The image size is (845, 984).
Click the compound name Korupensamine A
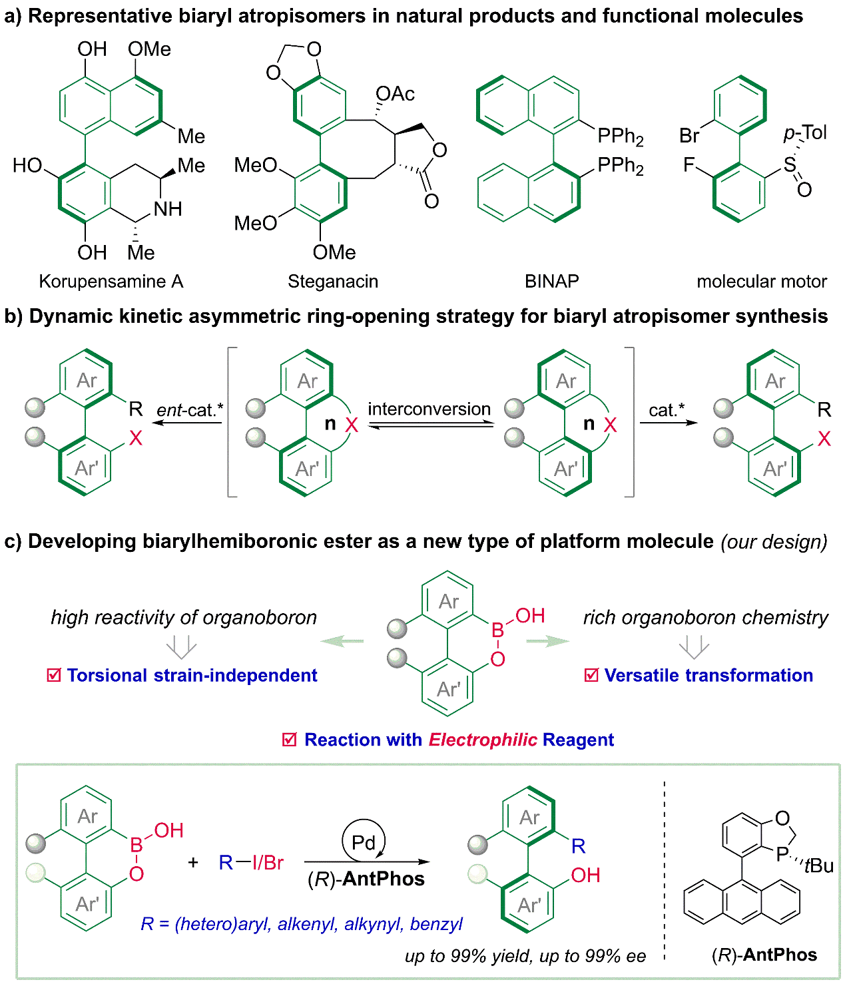pyautogui.click(x=111, y=282)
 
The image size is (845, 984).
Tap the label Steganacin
pyautogui.click(x=333, y=282)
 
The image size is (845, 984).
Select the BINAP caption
pyautogui.click(x=551, y=282)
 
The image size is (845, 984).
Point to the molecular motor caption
pyautogui.click(x=761, y=282)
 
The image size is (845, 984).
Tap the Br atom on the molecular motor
pyautogui.click(x=689, y=136)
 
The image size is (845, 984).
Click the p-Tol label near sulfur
pyautogui.click(x=804, y=132)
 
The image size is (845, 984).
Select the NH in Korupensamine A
pyautogui.click(x=168, y=209)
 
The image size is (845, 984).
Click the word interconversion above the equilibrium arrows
pyautogui.click(x=429, y=409)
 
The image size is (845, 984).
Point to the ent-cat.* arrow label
pyautogui.click(x=190, y=410)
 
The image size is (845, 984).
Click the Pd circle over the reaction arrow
pyautogui.click(x=364, y=842)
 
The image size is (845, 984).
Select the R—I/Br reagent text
pyautogui.click(x=251, y=863)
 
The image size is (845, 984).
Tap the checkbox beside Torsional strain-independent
pyautogui.click(x=54, y=676)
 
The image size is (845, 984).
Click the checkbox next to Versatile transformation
pyautogui.click(x=591, y=676)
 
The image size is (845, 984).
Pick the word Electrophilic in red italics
pyautogui.click(x=483, y=740)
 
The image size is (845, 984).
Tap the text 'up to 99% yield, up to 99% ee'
pyautogui.click(x=525, y=957)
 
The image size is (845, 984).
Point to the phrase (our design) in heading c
pyautogui.click(x=774, y=542)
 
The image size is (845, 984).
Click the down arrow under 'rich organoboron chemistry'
pyautogui.click(x=694, y=646)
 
